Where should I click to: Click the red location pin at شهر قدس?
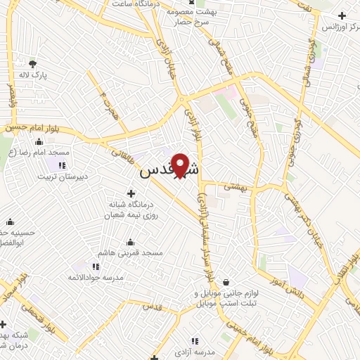(x=181, y=164)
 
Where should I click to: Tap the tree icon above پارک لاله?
(x=32, y=63)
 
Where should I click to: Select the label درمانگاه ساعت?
(x=137, y=4)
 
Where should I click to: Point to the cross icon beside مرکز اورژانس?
(x=342, y=15)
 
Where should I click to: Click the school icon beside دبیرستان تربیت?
(x=62, y=165)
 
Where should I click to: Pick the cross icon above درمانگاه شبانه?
(x=131, y=193)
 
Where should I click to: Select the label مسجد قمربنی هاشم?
(x=132, y=252)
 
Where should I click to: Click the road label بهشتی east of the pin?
(x=232, y=186)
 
